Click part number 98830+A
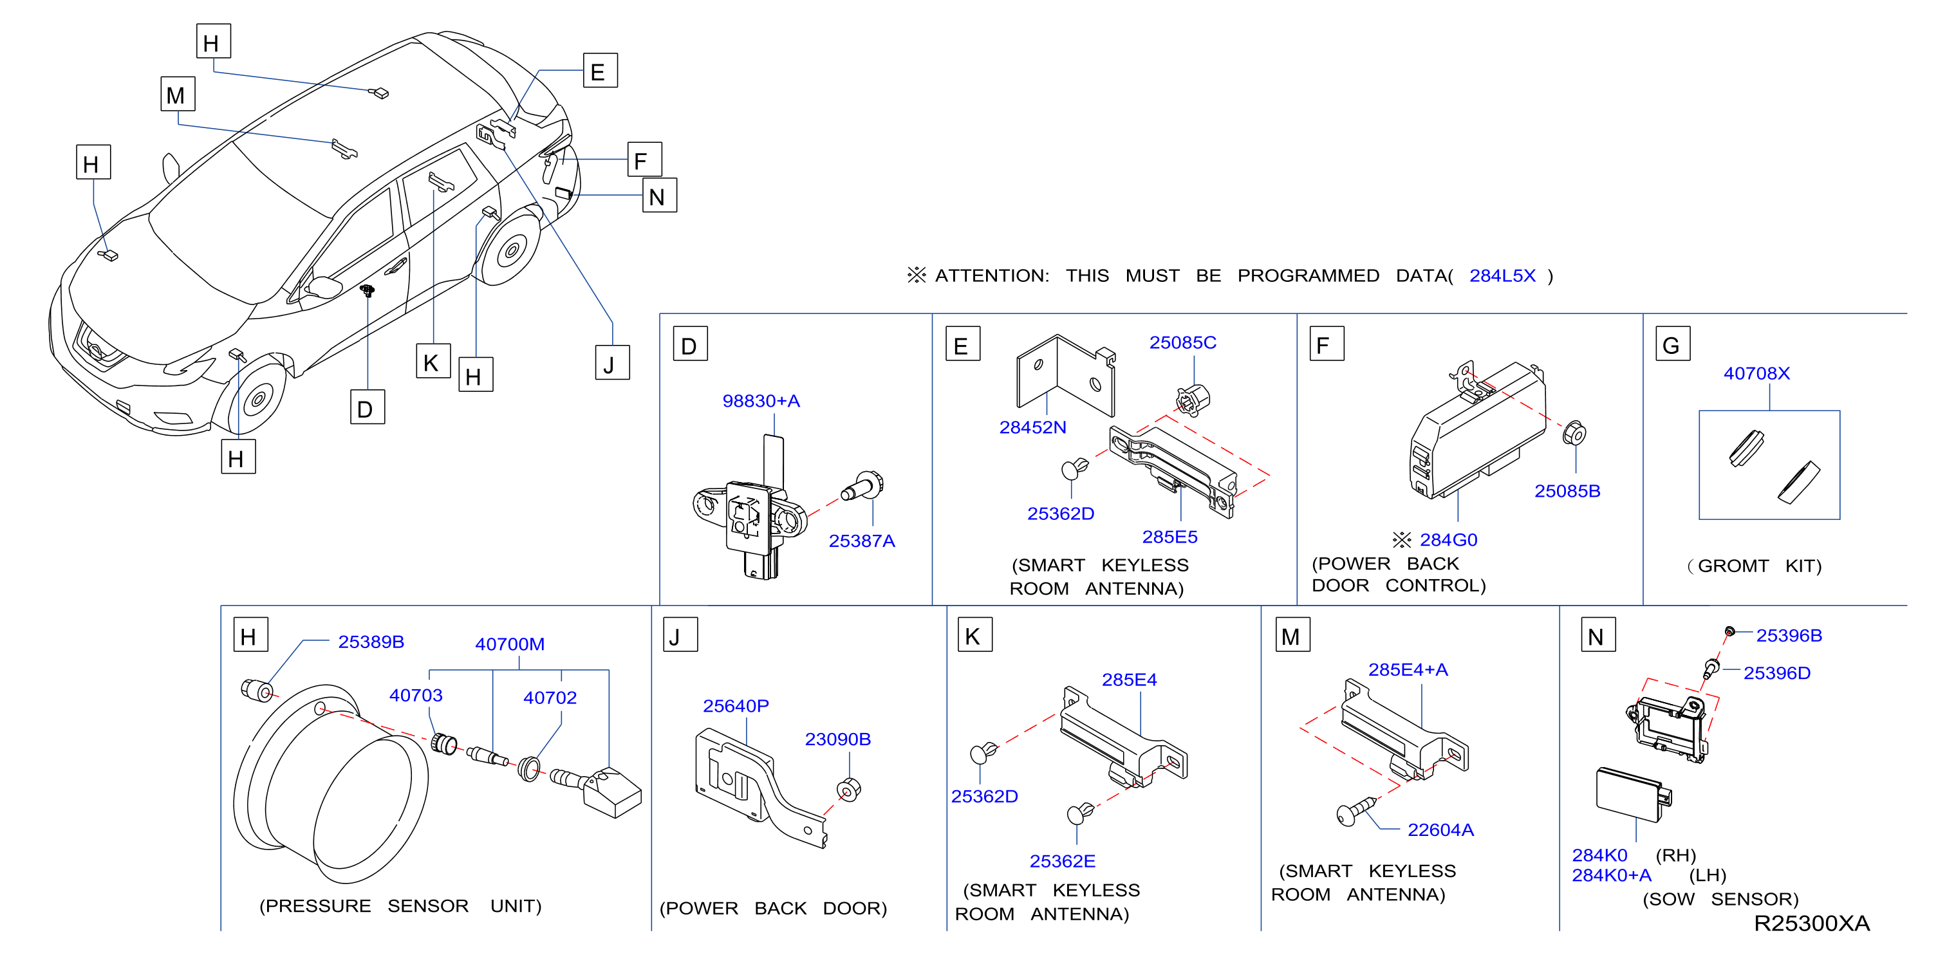pos(761,401)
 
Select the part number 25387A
pos(861,541)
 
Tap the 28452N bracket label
pos(1032,427)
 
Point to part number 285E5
pos(1169,537)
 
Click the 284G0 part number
pos(1448,540)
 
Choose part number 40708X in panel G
pos(1756,373)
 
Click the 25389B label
pos(371,642)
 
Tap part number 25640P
pos(735,706)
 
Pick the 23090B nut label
pos(837,739)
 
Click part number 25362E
pos(1061,861)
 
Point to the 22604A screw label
pos(1440,830)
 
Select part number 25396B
pos(1788,635)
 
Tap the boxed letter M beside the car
pos(178,94)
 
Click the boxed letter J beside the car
pos(612,362)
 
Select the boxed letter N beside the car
pos(659,195)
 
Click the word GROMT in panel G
pos(1732,566)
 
